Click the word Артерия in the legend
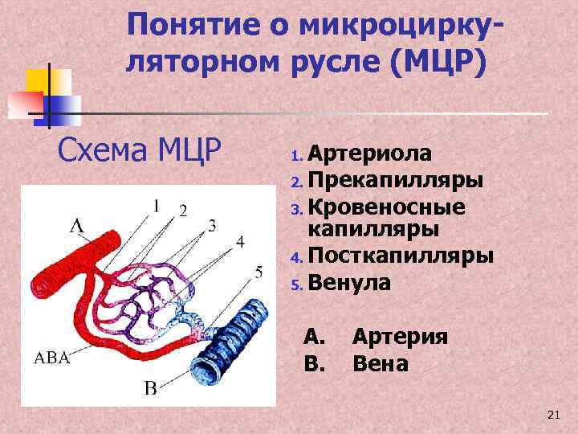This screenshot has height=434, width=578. pos(400,337)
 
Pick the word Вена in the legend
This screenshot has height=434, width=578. pos(381,364)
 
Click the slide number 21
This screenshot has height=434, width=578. pos(552,415)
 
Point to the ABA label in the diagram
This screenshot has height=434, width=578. pos(51,358)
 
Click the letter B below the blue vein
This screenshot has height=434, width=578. pos(150,389)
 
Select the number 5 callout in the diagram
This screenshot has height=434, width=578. pos(258,272)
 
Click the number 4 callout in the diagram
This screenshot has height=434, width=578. pos(240,242)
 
